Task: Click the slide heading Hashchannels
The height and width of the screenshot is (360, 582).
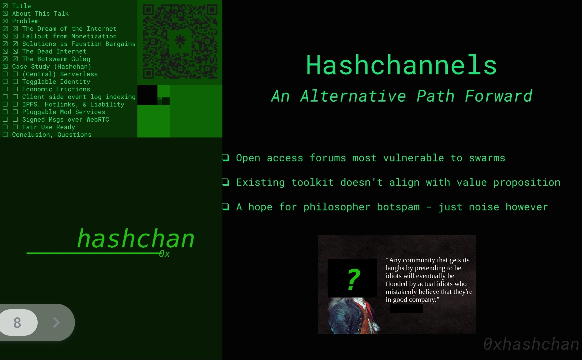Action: [401, 65]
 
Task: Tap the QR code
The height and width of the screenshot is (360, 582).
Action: [180, 42]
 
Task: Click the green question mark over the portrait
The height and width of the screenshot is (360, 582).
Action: [353, 279]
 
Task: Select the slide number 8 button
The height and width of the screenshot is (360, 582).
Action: [17, 322]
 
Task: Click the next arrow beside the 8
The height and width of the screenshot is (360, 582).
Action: [57, 322]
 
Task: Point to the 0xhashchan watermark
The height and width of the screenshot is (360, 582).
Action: [531, 344]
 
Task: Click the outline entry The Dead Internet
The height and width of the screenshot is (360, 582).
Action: [54, 51]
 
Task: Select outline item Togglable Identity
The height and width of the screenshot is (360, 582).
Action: [56, 82]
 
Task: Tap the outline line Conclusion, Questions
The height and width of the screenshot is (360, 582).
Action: [52, 135]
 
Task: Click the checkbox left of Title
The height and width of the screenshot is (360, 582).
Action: [5, 6]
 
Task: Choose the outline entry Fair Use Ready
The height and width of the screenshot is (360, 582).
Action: [49, 127]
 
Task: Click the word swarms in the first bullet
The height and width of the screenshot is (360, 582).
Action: [487, 158]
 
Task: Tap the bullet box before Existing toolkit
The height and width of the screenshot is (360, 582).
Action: [226, 182]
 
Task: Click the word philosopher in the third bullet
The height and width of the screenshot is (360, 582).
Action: [337, 207]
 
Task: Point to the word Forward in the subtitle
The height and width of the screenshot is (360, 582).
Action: [498, 96]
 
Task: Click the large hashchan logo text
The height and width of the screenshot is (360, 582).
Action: [136, 239]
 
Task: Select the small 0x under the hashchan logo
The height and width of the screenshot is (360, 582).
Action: [165, 254]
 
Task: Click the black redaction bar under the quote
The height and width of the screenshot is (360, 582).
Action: [406, 309]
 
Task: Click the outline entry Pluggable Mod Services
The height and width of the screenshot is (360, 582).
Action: [64, 112]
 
